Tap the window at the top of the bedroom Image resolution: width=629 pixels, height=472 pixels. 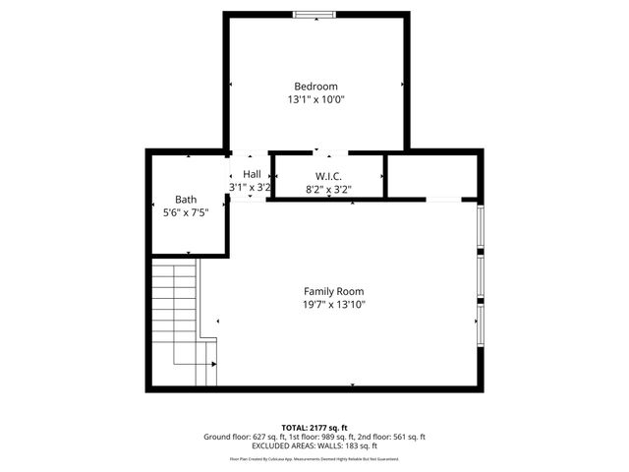[x=314, y=13]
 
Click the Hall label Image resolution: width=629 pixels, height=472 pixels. [x=251, y=174]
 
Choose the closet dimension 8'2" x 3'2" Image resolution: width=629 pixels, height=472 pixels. [x=327, y=189]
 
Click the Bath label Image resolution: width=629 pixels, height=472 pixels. [x=187, y=199]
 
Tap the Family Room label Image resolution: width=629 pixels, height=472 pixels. [x=333, y=291]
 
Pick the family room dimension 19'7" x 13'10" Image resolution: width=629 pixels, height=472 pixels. [x=333, y=305]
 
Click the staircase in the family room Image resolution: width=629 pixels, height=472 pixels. [x=182, y=315]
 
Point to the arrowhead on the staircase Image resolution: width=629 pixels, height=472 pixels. [x=213, y=364]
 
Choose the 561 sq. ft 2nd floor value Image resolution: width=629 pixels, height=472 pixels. [x=405, y=437]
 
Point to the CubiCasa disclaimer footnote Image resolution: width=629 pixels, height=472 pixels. [x=314, y=458]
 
